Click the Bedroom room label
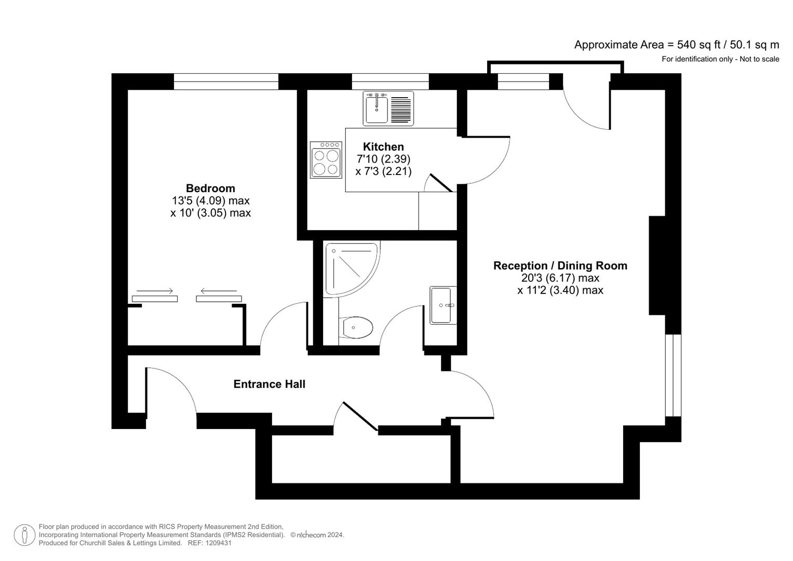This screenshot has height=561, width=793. tap(210, 188)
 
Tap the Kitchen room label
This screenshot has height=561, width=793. tap(383, 146)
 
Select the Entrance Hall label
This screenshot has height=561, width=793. tap(269, 384)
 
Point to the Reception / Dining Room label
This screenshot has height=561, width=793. tap(560, 265)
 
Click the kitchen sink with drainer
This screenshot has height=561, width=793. tap(388, 109)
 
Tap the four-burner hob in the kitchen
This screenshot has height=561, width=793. tap(326, 160)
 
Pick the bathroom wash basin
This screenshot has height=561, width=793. tap(443, 305)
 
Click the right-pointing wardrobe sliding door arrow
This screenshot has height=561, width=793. tap(154, 291)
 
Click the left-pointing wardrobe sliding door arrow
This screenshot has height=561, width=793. tap(219, 291)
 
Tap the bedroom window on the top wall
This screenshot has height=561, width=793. tap(226, 82)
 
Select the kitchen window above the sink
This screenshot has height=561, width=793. tap(390, 82)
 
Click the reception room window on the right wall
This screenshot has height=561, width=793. tap(673, 375)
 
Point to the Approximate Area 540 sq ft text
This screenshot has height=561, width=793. tap(676, 45)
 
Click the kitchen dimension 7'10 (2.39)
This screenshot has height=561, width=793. tap(383, 159)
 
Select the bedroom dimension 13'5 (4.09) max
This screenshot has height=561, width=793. tap(210, 201)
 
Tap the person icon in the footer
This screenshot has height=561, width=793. tap(24, 535)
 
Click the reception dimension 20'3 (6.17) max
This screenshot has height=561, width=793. tap(560, 278)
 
